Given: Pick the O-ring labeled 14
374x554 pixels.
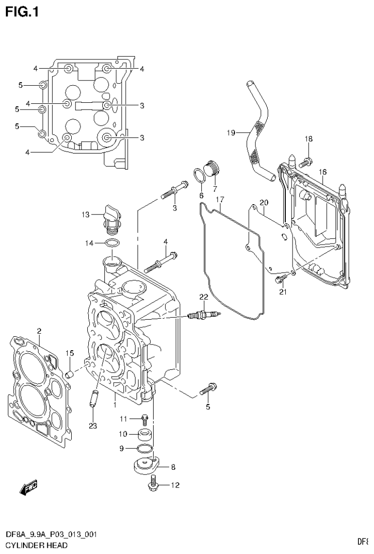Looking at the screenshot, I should [112, 243].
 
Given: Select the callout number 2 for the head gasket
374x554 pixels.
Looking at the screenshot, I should [39, 331].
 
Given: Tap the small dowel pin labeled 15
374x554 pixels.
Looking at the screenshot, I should [69, 374].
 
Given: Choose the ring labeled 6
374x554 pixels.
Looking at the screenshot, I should [199, 175].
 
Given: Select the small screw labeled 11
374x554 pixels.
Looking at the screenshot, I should [144, 418].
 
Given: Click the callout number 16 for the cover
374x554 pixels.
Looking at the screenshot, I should [322, 172].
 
